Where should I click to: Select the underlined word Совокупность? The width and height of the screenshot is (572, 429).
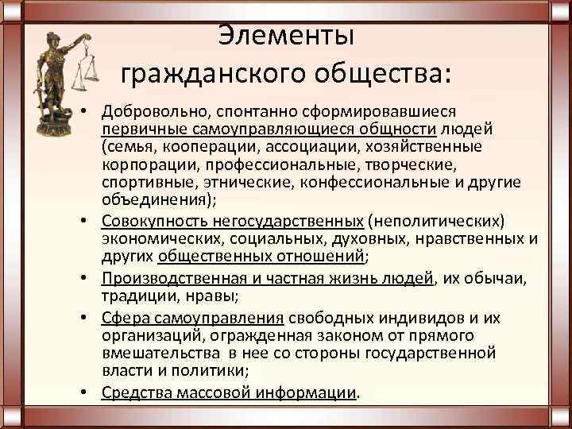pos(150,220)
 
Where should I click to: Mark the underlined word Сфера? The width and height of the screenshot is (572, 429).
pos(123,317)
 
